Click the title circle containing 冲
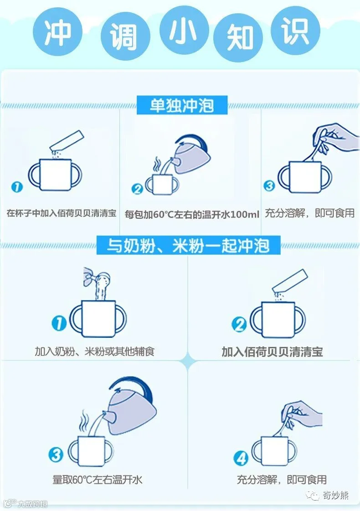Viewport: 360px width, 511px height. click(x=57, y=31)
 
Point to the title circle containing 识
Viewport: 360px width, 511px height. click(x=295, y=30)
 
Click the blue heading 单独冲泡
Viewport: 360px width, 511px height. click(x=182, y=105)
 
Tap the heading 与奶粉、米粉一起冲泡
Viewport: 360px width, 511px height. click(x=188, y=246)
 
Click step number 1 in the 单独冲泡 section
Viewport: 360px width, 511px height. click(x=17, y=187)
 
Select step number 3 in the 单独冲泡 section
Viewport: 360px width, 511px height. click(x=269, y=186)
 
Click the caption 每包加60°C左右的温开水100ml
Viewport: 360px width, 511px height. click(x=192, y=214)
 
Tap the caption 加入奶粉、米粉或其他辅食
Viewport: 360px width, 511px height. click(x=94, y=351)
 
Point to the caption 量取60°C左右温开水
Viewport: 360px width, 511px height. click(x=98, y=480)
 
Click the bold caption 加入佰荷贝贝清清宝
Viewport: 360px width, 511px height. click(x=273, y=352)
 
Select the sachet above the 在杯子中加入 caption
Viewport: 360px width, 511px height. click(x=67, y=141)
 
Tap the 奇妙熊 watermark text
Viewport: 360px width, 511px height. click(x=335, y=495)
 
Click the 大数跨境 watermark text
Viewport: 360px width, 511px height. click(x=32, y=504)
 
